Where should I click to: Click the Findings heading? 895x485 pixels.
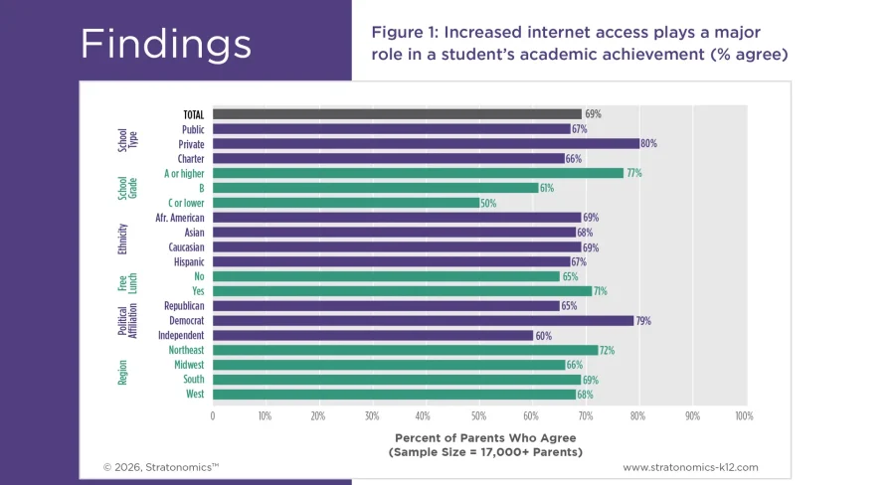coord(165,44)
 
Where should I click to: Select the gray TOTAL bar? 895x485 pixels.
coord(397,114)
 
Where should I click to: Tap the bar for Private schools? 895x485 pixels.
coord(426,144)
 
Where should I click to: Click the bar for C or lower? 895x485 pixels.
coord(345,203)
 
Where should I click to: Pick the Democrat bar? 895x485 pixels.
coord(423,321)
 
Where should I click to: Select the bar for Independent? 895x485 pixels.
coord(372,336)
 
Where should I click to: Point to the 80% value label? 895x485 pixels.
coord(648,144)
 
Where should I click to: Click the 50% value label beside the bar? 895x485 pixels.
coord(488,203)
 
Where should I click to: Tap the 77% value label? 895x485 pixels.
coord(633,173)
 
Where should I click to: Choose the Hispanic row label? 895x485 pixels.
coord(188,262)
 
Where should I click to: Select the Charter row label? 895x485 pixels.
coord(191,159)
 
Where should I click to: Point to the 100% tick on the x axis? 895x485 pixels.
coord(743,415)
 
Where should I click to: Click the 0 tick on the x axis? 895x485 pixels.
coord(213,415)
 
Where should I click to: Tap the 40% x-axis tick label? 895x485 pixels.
coord(424,415)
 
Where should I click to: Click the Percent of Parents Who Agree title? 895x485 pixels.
coord(485,437)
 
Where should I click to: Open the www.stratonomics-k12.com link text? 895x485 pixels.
coord(690,466)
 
